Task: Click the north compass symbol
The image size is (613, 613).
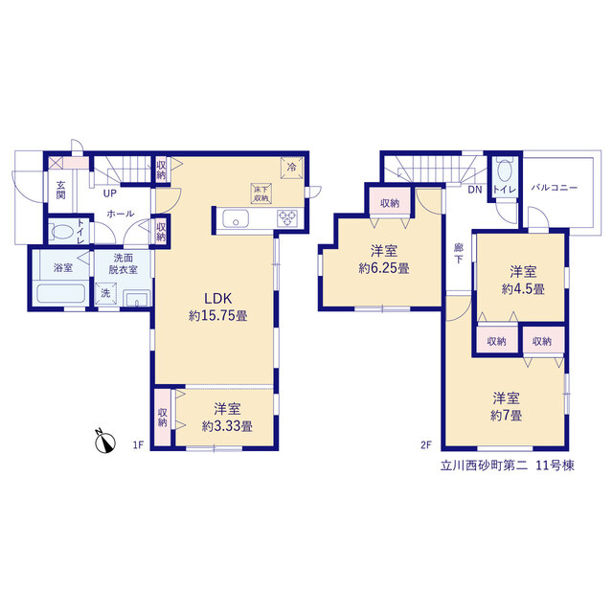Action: pos(105,442)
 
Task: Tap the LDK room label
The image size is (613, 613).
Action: pos(217,299)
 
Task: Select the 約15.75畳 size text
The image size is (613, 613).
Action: pos(217,316)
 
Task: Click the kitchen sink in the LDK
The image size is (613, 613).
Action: pos(236,218)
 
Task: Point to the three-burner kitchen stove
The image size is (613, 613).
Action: pos(287,218)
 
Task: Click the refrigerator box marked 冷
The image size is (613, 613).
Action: pos(291,168)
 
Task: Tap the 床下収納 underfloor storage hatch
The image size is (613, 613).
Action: pos(261,193)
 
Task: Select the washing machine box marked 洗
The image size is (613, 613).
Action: pos(105,293)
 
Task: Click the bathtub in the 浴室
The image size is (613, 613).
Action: pos(60,293)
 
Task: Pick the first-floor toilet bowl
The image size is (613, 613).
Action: pos(62,232)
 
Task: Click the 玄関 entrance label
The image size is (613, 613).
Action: pos(60,190)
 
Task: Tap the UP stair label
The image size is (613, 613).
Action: pos(109,193)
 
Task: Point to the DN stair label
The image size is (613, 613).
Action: pos(475,190)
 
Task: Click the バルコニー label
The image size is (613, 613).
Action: pos(554,188)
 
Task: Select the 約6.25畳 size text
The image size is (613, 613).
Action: pos(384,268)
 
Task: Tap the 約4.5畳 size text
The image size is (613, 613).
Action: pos(523,289)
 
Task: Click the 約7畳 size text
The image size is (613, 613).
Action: pos(506,415)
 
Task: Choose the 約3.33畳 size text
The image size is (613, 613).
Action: pos(227,426)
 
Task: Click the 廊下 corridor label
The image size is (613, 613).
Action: pos(459,253)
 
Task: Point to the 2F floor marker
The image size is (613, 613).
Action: pos(426,444)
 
